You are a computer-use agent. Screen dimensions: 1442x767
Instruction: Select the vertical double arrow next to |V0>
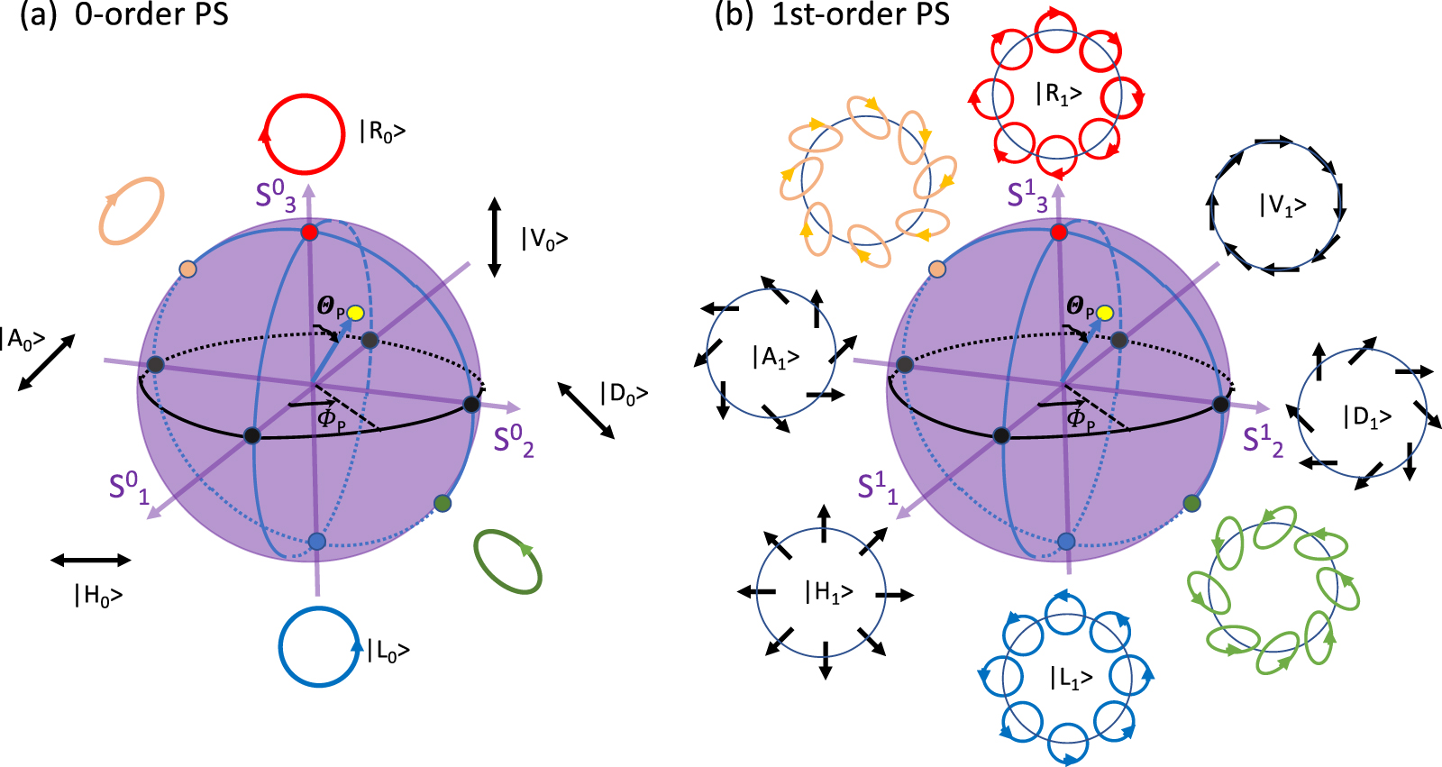pyautogui.click(x=494, y=237)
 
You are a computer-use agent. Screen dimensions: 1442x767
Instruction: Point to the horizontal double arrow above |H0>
pyautogui.click(x=91, y=561)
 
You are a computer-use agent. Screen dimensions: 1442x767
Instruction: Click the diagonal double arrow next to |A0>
pyautogui.click(x=46, y=362)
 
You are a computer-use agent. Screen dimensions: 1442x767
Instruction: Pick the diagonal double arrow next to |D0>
pyautogui.click(x=586, y=410)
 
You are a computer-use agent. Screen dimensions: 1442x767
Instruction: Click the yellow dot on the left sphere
pyautogui.click(x=355, y=313)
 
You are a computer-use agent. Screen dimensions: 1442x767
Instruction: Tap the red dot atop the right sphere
pyautogui.click(x=1059, y=233)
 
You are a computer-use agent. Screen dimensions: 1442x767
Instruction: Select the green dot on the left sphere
pyautogui.click(x=443, y=503)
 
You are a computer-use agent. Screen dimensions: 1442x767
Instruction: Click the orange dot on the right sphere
pyautogui.click(x=937, y=269)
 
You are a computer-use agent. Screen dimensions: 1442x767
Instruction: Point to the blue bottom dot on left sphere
pyautogui.click(x=316, y=541)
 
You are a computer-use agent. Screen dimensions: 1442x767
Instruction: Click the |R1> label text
pyautogui.click(x=1058, y=94)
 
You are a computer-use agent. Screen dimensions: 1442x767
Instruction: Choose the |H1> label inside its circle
pyautogui.click(x=829, y=592)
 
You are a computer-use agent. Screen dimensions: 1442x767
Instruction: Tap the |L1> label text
pyautogui.click(x=1072, y=678)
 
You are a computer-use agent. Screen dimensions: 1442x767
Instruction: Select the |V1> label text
pyautogui.click(x=1282, y=205)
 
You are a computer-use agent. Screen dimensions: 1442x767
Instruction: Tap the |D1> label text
pyautogui.click(x=1368, y=416)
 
